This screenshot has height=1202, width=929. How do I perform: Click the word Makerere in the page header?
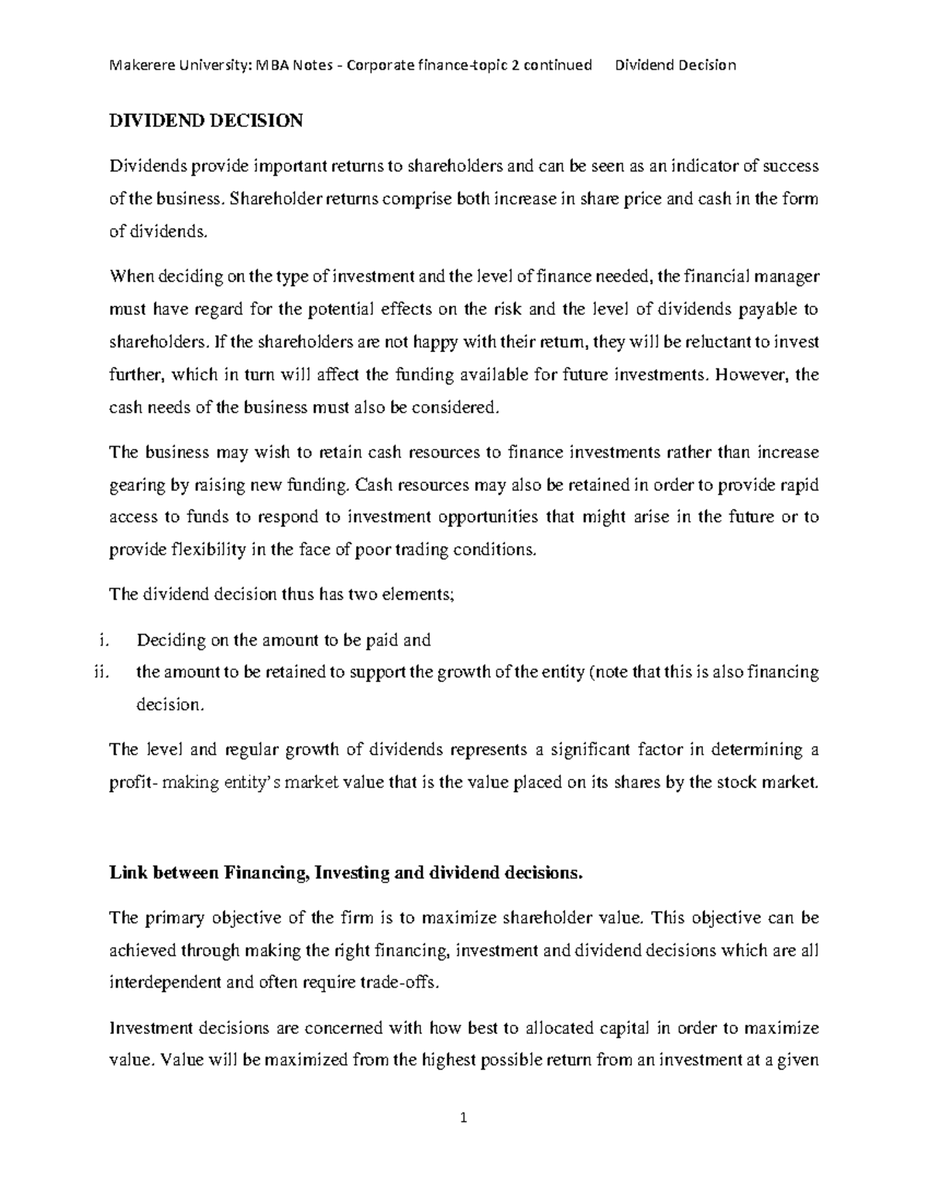coord(139,65)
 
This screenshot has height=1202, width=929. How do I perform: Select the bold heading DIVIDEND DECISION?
coord(206,121)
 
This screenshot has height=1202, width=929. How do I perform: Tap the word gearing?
coord(136,485)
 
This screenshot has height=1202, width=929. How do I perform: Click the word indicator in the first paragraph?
coord(701,166)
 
